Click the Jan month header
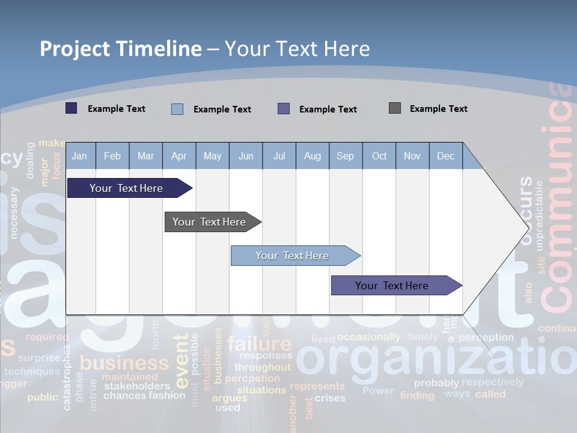79,156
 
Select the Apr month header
179,156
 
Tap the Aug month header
312,156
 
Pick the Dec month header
445,156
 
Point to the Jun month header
245,156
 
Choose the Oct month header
379,156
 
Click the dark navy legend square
72,108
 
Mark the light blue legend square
177,109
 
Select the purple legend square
284,109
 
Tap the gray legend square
395,108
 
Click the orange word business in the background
124,363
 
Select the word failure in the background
259,344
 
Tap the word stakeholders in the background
137,386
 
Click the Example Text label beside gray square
438,109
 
